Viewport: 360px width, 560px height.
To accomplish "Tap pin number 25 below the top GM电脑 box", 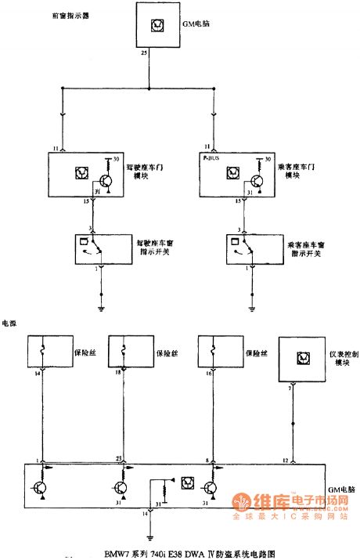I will tap(144, 54).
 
